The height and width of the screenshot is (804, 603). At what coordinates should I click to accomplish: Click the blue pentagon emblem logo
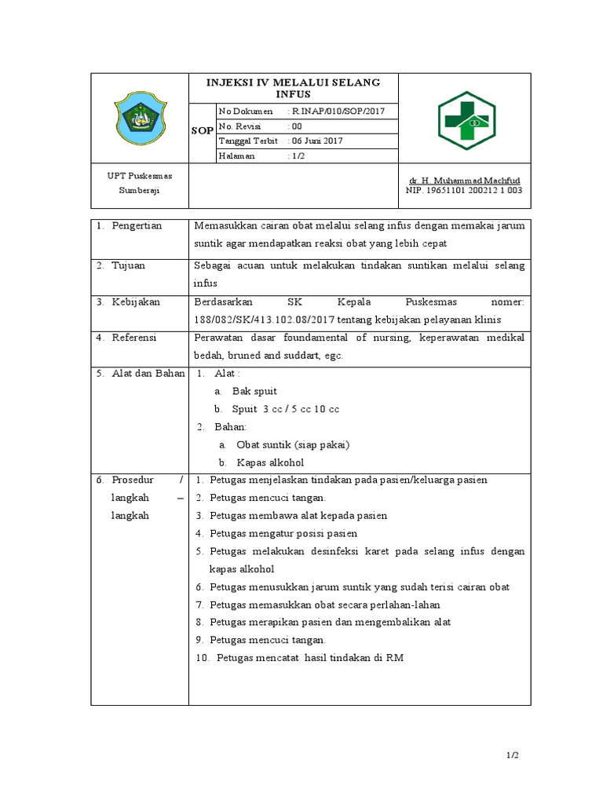(x=141, y=119)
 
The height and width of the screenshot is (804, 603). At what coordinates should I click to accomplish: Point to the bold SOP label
(x=202, y=131)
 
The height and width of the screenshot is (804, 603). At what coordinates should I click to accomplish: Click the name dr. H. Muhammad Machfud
(x=464, y=181)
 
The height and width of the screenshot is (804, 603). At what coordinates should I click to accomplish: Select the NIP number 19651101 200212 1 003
(x=463, y=190)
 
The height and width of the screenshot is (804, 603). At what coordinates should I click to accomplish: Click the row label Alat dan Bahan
(x=141, y=373)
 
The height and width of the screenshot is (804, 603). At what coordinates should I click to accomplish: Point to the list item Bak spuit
(x=254, y=391)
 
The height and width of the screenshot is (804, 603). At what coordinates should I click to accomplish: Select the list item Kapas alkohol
(x=270, y=462)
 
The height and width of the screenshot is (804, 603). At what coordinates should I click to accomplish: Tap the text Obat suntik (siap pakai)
(x=293, y=444)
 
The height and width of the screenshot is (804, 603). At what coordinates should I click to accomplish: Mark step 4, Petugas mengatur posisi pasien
(x=289, y=534)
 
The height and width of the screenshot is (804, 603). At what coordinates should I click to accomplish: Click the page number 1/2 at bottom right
(x=512, y=755)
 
